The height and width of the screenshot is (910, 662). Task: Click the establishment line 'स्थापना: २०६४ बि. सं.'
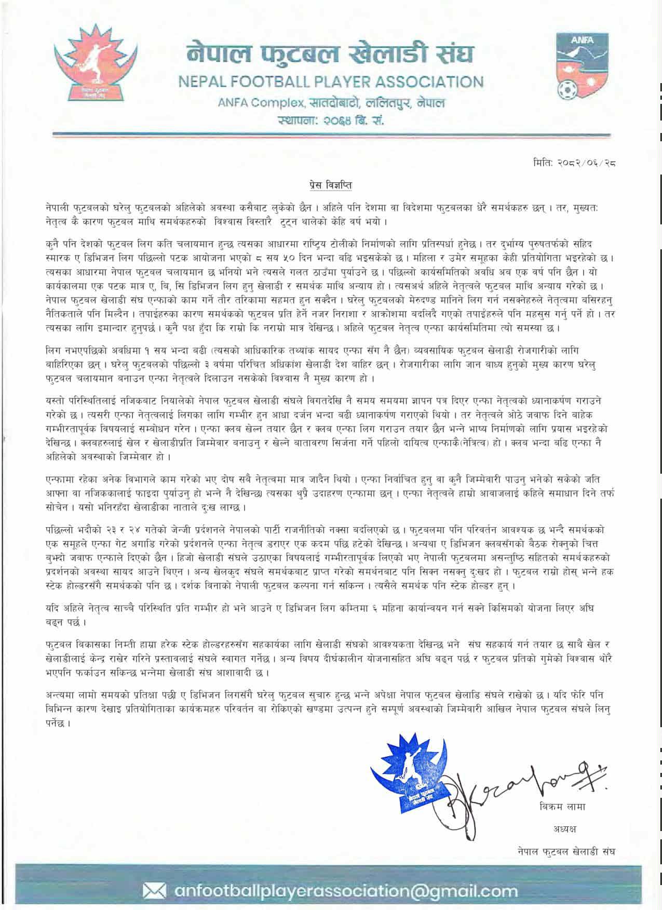pyautogui.click(x=330, y=122)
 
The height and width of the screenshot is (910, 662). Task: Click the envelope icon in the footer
pyautogui.click(x=156, y=891)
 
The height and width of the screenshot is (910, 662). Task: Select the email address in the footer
pyautogui.click(x=346, y=891)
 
